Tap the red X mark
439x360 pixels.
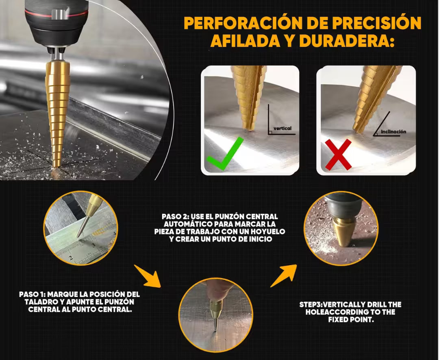[338, 154]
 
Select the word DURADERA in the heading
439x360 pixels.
[346, 41]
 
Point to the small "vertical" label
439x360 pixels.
[283, 128]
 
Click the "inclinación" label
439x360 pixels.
[393, 131]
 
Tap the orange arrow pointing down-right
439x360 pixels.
[148, 276]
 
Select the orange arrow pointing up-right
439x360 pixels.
[283, 276]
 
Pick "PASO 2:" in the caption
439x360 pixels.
[175, 217]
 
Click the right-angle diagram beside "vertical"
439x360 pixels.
[281, 120]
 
